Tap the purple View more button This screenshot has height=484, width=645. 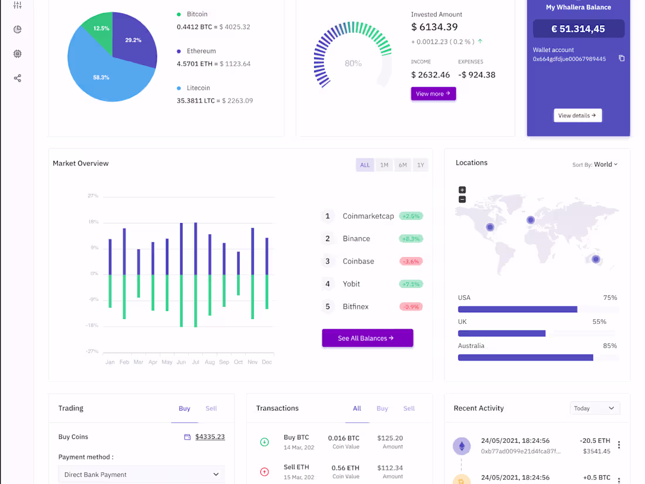433,94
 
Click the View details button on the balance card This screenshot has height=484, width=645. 577,116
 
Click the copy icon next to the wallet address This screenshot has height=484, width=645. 622,59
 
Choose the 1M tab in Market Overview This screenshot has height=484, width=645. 384,165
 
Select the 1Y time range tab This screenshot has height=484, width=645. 420,165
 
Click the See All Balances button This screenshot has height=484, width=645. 367,339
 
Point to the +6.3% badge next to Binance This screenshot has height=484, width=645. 411,239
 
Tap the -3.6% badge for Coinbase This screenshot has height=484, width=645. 411,262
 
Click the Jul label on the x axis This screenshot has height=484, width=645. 195,363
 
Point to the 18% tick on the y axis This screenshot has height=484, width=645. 93,222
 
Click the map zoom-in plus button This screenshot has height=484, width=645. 462,190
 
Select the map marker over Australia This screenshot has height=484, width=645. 596,259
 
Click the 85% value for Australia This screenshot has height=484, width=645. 610,346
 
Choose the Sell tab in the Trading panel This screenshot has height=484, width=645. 211,409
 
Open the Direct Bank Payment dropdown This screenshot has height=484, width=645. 141,475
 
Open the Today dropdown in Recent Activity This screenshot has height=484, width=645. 595,408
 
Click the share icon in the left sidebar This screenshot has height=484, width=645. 18,79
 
